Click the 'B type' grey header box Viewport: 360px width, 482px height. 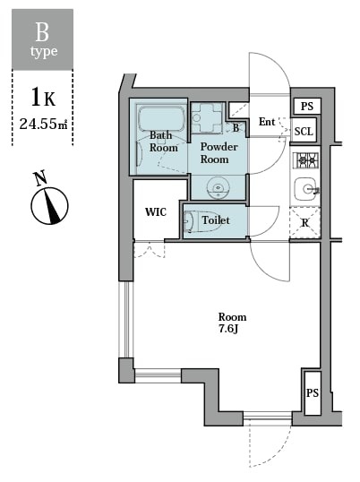coord(42,39)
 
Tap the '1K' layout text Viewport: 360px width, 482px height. coord(42,96)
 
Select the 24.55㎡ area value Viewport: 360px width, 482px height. coord(43,124)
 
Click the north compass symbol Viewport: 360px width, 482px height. coord(49,203)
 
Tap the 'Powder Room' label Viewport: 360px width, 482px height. coord(219,151)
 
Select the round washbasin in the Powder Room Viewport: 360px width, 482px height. coord(218,187)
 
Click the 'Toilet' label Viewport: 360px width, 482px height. coord(216,219)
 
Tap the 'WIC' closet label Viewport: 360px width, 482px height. coord(156,212)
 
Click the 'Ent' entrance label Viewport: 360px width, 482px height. coord(267,122)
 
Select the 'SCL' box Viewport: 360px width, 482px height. coord(304,131)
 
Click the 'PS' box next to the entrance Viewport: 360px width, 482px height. coord(306,106)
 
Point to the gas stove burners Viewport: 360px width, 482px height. coord(306,160)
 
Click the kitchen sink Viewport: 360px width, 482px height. coord(305,189)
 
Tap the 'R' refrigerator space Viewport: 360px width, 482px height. coord(305,222)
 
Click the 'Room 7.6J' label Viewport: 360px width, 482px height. coord(232,323)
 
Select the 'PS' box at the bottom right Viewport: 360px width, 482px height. coord(312,393)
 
